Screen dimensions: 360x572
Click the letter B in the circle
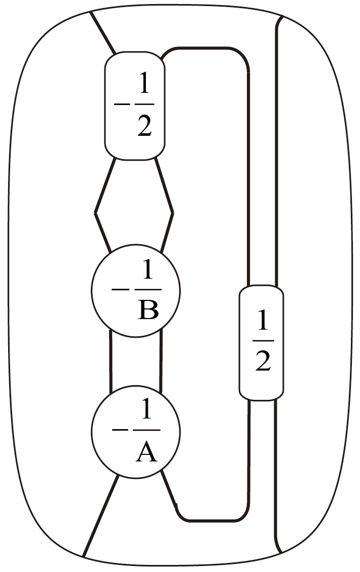[x=148, y=310]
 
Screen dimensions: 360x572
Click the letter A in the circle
[x=147, y=453]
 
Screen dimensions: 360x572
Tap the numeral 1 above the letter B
[x=148, y=273]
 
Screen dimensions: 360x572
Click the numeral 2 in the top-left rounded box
[x=144, y=126]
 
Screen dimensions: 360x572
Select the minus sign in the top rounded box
[x=121, y=104]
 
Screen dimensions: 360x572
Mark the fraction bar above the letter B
[x=147, y=290]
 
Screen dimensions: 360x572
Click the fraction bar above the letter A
[x=147, y=430]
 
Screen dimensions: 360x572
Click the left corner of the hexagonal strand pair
[x=95, y=212]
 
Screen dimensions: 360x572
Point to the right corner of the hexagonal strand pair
[x=173, y=212]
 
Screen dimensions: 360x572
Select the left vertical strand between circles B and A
[x=111, y=361]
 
